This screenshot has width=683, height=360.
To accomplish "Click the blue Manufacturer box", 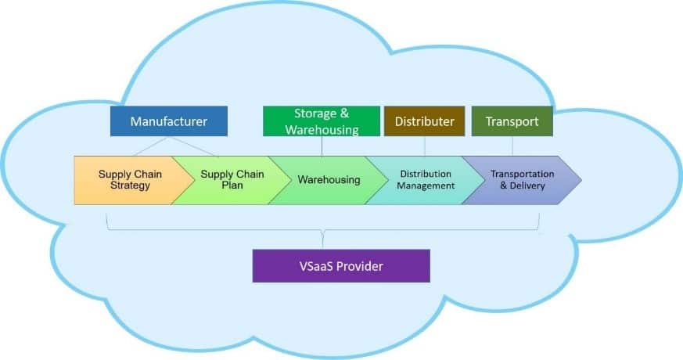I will (168, 121).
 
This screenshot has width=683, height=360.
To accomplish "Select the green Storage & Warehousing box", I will (322, 121).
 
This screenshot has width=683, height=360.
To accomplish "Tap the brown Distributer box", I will (425, 121).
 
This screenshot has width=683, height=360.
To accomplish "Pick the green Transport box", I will (512, 121).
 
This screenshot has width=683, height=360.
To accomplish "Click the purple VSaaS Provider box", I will (340, 265).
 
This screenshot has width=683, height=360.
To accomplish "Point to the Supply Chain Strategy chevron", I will (125, 180).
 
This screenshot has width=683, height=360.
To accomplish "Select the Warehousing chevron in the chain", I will (329, 180).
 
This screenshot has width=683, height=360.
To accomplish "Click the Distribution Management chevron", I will (425, 180).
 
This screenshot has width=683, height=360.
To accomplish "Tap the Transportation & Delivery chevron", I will (521, 180).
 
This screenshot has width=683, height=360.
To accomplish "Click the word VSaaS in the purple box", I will (316, 265).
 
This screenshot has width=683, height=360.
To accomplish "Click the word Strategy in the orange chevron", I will (124, 186).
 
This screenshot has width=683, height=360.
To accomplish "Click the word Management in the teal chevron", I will (426, 186).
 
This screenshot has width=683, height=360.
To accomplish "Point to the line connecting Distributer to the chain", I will (425, 146).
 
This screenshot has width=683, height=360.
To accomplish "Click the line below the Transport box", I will (512, 146).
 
